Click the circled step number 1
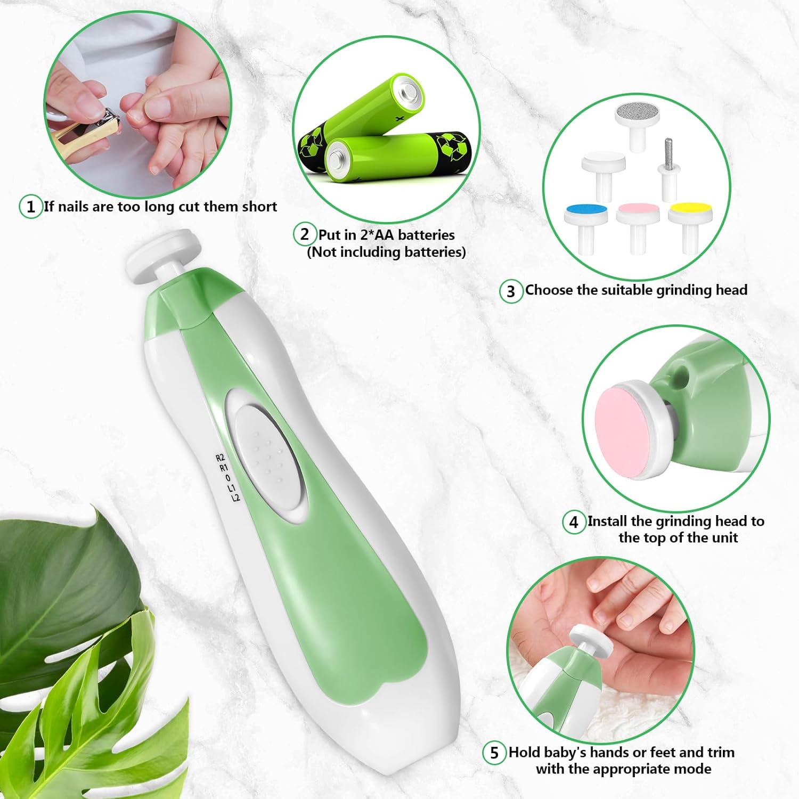31,207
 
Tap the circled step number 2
304,234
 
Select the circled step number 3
511,291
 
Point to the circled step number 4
574,522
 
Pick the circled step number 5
494,753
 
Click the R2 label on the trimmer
220,458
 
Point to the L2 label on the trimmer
235,498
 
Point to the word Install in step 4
607,521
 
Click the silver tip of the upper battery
409,91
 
